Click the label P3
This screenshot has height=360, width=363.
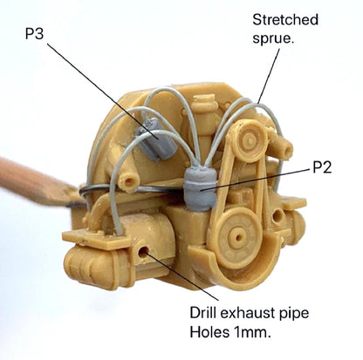[x=34, y=34]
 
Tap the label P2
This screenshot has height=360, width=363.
[x=322, y=167]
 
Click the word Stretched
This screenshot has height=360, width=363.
[x=285, y=20]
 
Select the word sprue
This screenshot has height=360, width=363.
[x=273, y=38]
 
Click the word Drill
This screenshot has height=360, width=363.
[x=203, y=313]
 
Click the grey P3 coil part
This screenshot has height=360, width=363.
[x=156, y=139]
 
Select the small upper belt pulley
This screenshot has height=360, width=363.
[x=250, y=140]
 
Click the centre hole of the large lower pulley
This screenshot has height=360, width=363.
[x=238, y=238]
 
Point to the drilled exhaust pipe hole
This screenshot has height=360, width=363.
[x=143, y=252]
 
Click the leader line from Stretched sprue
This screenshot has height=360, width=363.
[x=269, y=76]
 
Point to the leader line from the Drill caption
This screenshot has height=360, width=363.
[x=182, y=276]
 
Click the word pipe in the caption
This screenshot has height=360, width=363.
[x=295, y=314]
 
